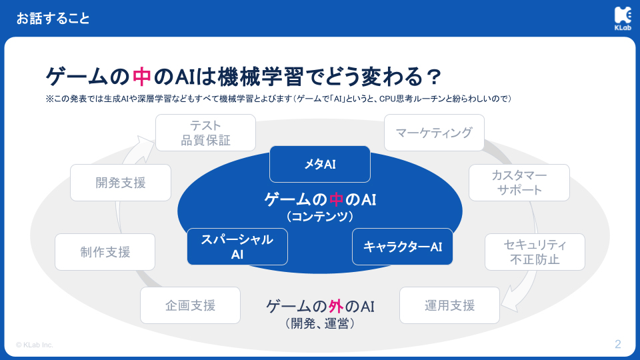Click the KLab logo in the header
coord(623,19)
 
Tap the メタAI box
coord(320,164)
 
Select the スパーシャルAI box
coord(237,247)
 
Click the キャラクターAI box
coord(403,247)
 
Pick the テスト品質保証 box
coord(206,133)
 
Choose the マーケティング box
coord(434,133)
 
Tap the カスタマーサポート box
coord(519,183)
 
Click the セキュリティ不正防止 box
coord(535,252)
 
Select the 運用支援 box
coord(449,305)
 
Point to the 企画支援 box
coord(190,305)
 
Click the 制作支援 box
coord(105,252)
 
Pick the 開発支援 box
coord(121,183)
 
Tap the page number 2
coord(618,344)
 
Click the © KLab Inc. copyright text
coord(35,345)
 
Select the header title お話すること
coord(53,19)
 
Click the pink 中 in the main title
coord(141,76)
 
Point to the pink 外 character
coord(335,306)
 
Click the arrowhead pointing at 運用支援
coord(510,303)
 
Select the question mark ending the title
coord(433,77)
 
